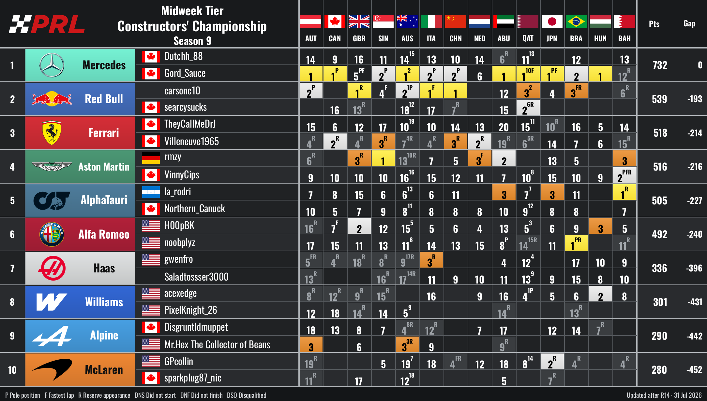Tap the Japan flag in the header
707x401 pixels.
[x=552, y=21]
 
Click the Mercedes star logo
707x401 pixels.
[x=52, y=65]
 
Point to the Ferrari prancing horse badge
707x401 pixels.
[x=52, y=133]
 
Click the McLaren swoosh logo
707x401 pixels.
[x=52, y=369]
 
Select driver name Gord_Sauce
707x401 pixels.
[x=185, y=74]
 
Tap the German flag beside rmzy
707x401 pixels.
[x=151, y=158]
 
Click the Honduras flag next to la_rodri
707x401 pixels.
[x=151, y=192]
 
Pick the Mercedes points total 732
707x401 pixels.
[x=660, y=65]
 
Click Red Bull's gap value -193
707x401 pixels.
[x=695, y=99]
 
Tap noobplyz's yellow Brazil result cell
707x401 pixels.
[x=576, y=243]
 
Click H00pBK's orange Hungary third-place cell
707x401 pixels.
[x=600, y=226]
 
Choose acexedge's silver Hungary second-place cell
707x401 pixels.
[x=600, y=294]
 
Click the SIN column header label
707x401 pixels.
[x=383, y=38]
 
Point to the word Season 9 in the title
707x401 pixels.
[x=192, y=41]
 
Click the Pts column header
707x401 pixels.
[x=654, y=24]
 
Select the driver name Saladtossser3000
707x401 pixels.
[x=196, y=277]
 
